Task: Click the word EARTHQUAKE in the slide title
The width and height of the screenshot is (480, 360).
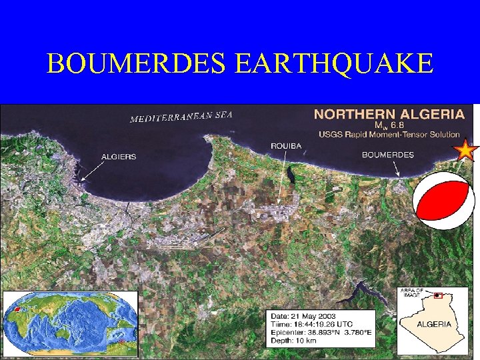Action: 334,63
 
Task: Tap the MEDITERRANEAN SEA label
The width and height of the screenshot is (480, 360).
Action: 181,117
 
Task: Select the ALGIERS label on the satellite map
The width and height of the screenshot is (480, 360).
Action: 119,157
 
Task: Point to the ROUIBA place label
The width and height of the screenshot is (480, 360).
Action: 287,145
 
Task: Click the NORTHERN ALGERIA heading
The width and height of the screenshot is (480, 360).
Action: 389,114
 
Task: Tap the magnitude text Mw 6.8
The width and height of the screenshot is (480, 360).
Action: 389,125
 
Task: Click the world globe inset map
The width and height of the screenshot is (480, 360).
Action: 70,323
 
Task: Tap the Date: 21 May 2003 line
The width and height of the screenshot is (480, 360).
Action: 303,316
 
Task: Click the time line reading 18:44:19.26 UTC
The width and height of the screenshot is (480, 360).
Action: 312,324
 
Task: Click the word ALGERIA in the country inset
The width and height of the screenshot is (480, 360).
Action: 434,324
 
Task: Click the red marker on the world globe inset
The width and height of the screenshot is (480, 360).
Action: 17,309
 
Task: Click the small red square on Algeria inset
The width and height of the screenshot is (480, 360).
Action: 437,295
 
